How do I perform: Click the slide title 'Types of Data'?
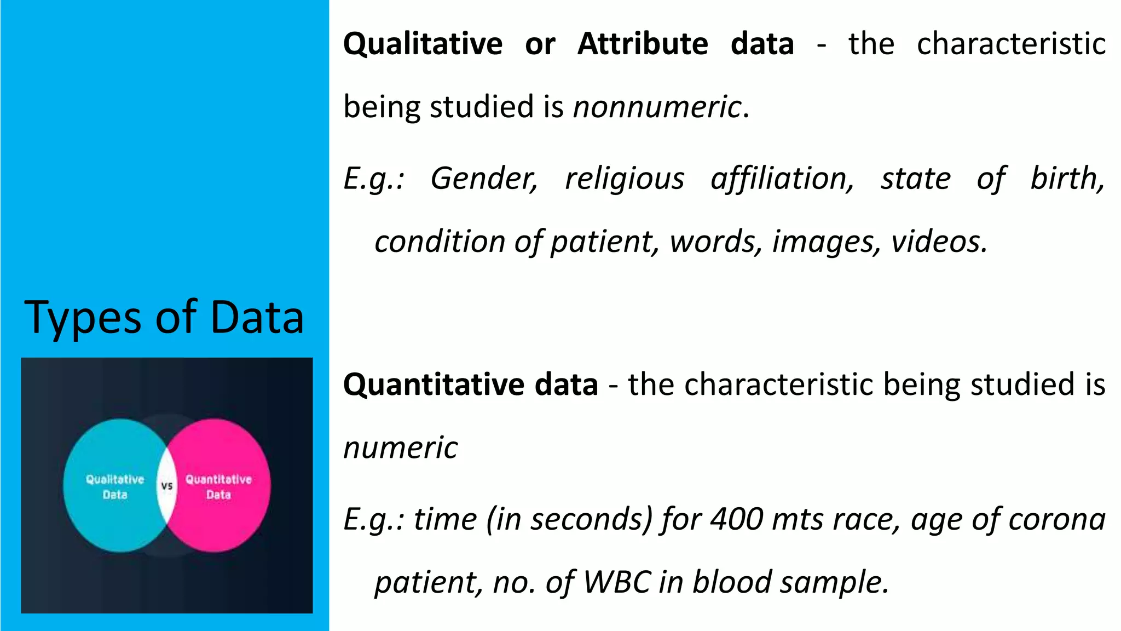coord(164,318)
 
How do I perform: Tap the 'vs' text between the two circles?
coord(167,486)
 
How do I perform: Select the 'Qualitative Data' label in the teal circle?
coord(115,487)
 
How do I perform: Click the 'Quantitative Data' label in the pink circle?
coord(218,487)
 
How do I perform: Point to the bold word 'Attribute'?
coord(643,44)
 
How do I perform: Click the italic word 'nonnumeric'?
coord(657,107)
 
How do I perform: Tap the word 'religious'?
coord(625,179)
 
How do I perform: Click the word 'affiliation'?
coord(782,179)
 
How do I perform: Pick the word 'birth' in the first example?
coord(1067,179)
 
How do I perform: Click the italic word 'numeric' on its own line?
coord(401,448)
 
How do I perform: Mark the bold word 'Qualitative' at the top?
coord(423,44)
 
